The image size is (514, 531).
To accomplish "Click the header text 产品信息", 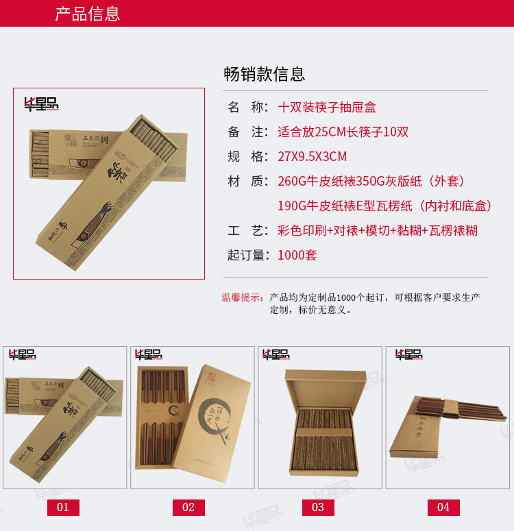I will (x=87, y=14).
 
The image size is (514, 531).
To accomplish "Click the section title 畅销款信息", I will (x=264, y=74).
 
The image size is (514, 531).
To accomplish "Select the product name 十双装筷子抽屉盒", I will (x=327, y=108).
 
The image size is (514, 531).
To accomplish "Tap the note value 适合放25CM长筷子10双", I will (x=343, y=132).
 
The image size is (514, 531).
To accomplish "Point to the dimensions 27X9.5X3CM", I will (x=312, y=157).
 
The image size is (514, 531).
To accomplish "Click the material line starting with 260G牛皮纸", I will (x=371, y=182).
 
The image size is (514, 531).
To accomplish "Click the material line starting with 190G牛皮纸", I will (x=385, y=206).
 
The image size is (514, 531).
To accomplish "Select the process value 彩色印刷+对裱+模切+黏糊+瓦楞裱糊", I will (x=377, y=231).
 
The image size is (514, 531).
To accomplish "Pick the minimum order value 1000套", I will (x=297, y=256).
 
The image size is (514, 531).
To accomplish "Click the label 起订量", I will (x=246, y=256).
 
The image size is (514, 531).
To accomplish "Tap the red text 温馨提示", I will (x=242, y=297).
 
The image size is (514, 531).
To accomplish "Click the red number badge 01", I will (x=63, y=508).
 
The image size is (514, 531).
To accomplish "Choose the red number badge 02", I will (x=188, y=508).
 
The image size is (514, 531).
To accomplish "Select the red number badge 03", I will (x=317, y=508).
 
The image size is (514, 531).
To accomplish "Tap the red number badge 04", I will (x=443, y=508).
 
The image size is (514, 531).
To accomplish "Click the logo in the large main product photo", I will (x=41, y=104).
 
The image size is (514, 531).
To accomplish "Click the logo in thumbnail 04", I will (x=408, y=355).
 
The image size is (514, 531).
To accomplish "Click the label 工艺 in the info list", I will (x=246, y=231).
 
